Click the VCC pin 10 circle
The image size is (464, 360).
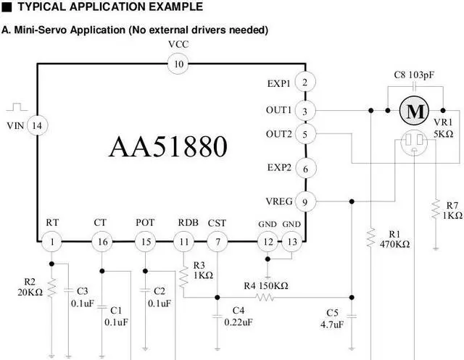coord(178,64)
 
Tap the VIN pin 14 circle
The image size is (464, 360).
coord(38,125)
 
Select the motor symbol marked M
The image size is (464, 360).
coord(414,111)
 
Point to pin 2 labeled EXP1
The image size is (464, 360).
coord(305,83)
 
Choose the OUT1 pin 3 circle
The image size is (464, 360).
coord(305,111)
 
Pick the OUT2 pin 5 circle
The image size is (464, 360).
coord(305,134)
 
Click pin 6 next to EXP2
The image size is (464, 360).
coord(305,168)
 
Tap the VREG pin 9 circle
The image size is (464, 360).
coord(305,201)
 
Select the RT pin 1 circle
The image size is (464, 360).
coord(51,240)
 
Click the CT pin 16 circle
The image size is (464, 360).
coord(101,240)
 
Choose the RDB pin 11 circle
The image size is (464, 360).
coord(186,240)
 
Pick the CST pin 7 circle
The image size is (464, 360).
coord(217,240)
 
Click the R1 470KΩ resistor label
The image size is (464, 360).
coord(394,239)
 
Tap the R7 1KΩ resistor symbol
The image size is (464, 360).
coord(435,210)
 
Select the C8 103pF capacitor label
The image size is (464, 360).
coord(413,75)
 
